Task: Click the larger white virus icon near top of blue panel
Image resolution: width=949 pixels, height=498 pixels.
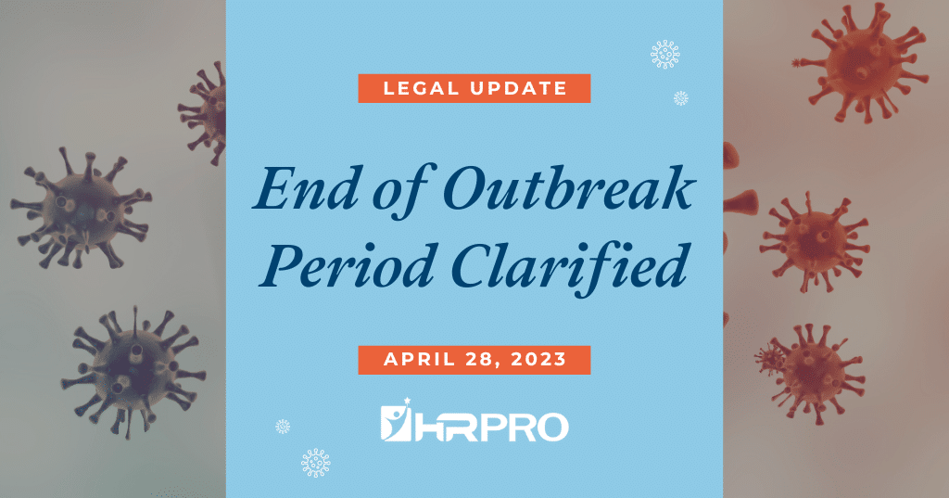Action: tap(664, 55)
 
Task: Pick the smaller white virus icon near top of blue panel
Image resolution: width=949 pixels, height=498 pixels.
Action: tap(681, 98)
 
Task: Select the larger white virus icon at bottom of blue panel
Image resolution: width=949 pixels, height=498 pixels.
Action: tap(316, 462)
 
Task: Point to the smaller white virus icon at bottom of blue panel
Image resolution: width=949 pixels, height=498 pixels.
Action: tap(283, 427)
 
